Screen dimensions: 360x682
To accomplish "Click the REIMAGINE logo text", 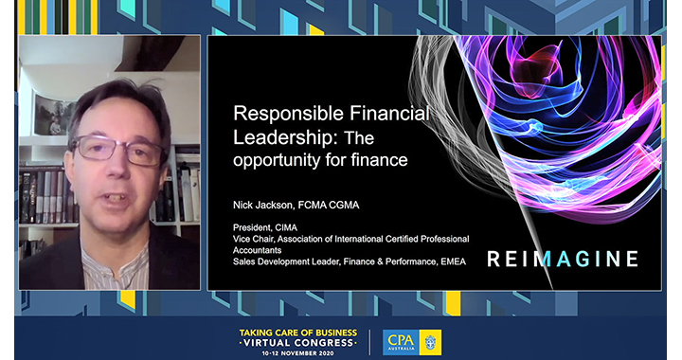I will pyautogui.click(x=563, y=259).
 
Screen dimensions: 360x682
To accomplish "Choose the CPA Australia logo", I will pyautogui.click(x=411, y=342).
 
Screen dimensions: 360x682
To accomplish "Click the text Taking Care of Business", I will pyautogui.click(x=298, y=333).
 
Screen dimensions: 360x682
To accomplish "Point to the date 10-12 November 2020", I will pyautogui.click(x=298, y=352).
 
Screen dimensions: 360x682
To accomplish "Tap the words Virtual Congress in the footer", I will pyautogui.click(x=298, y=343).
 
